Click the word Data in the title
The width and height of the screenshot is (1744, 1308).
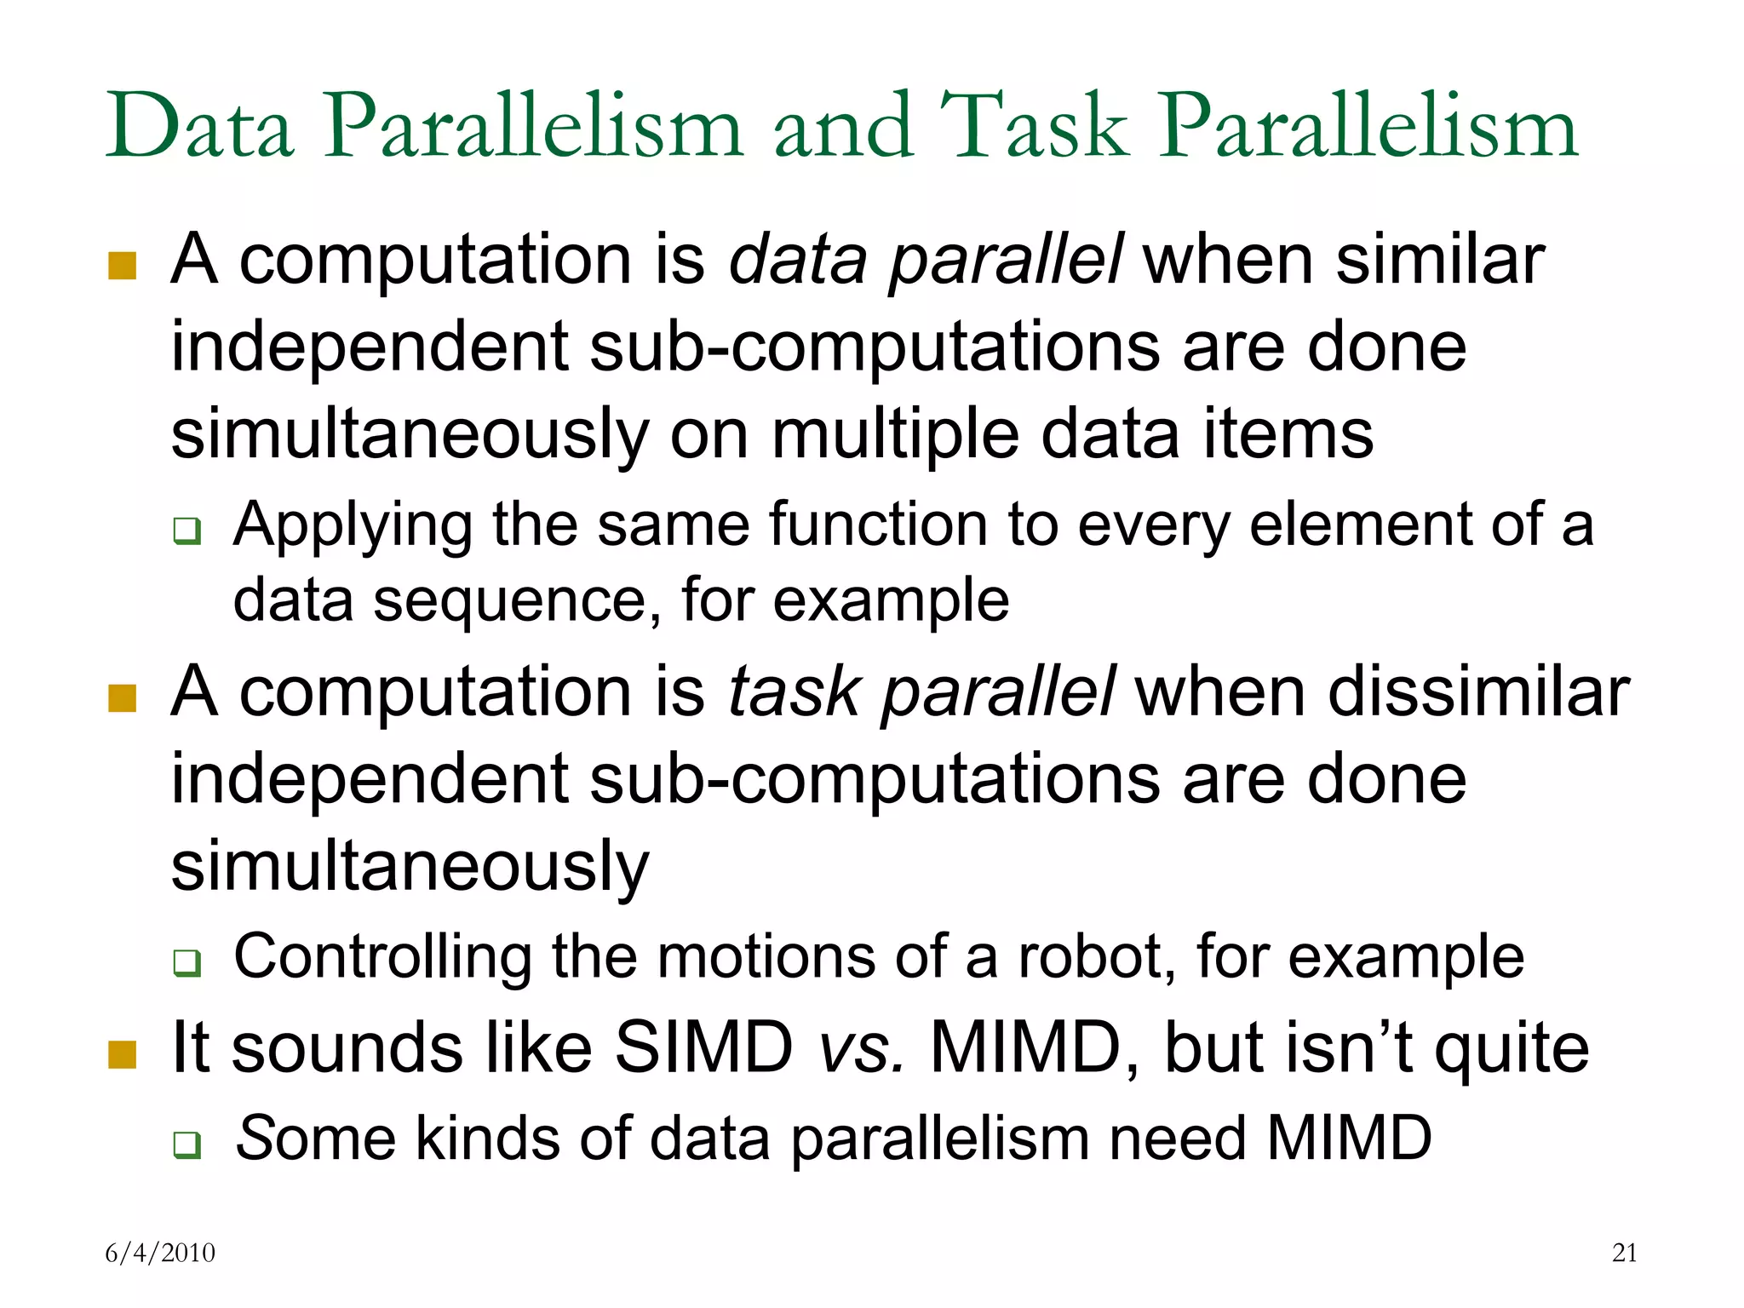200,128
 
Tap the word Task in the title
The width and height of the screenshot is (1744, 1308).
1035,128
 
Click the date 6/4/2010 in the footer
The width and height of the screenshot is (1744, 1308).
160,1253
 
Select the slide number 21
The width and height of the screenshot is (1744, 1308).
1625,1253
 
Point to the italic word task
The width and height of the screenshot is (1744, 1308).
794,691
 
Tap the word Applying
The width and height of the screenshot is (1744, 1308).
353,526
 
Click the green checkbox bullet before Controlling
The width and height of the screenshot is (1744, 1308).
187,963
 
